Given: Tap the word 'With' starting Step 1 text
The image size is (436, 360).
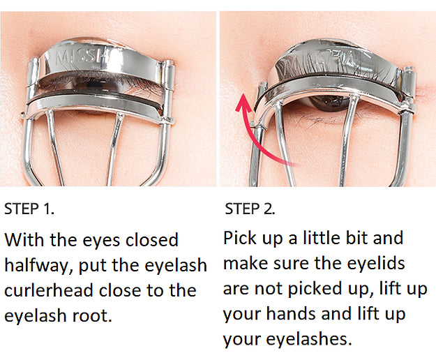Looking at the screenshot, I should click(x=24, y=240).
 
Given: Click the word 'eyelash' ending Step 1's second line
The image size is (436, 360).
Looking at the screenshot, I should click(x=172, y=265).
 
